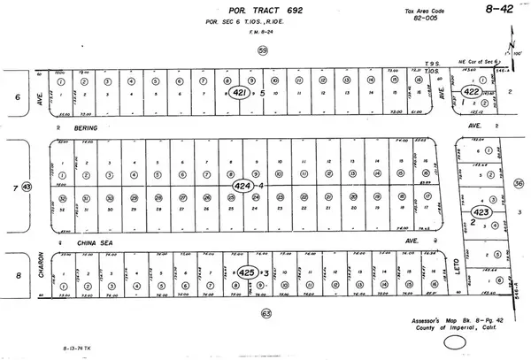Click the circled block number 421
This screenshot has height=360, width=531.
(239, 90)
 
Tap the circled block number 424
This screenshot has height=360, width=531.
(242, 187)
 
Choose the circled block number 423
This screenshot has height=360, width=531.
(482, 211)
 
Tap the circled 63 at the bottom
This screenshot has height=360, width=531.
(265, 312)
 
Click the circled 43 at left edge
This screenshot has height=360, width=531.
(27, 187)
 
